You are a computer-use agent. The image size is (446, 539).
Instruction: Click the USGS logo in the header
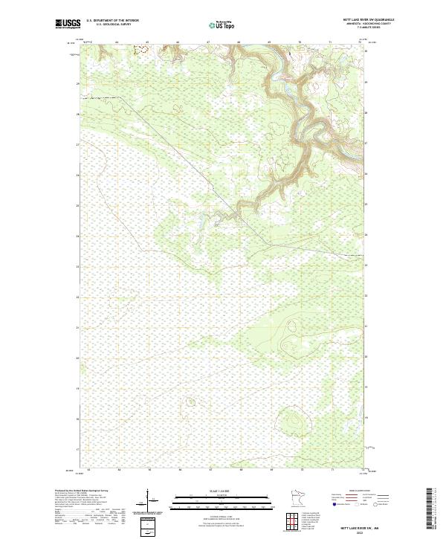[x=68, y=23]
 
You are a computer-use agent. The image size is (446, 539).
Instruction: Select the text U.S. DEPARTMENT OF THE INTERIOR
[x=112, y=20]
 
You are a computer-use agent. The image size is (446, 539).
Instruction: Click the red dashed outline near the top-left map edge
[x=140, y=51]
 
